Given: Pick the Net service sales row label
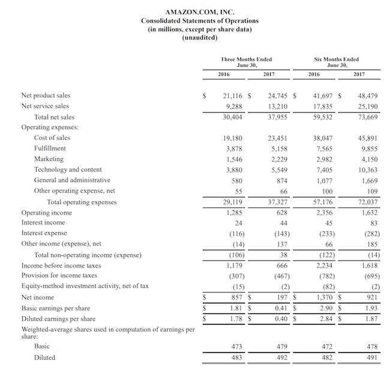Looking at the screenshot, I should (x=46, y=106).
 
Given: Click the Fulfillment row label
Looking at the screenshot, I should (x=50, y=148).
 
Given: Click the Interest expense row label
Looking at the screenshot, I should (x=44, y=233).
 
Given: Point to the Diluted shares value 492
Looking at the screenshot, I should (x=279, y=357).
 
